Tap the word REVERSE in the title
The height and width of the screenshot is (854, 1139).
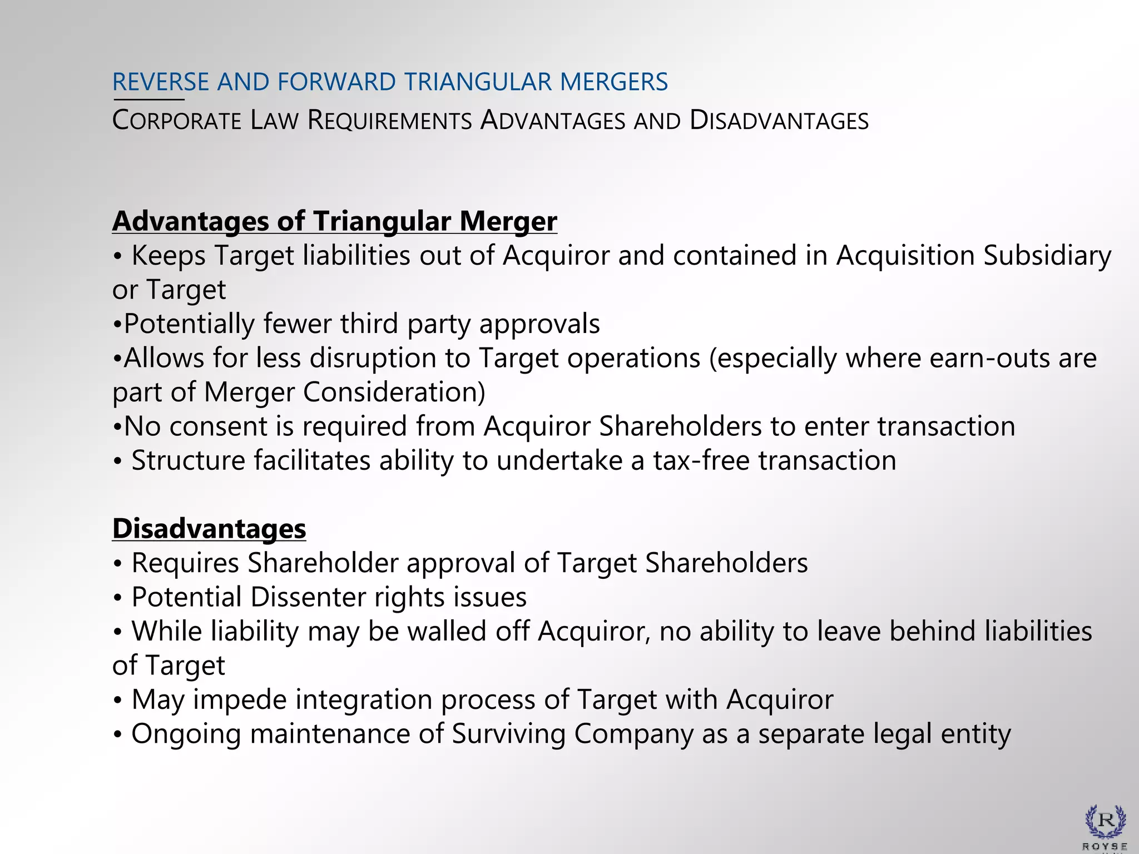[x=160, y=82]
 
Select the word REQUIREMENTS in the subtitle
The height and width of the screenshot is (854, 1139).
[x=389, y=121]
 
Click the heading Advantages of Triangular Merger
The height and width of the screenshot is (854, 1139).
[x=334, y=221]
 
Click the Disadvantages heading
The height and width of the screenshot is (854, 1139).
[x=209, y=528]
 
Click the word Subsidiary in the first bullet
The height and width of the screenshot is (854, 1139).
[x=1047, y=256]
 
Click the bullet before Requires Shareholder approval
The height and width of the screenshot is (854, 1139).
[x=117, y=564]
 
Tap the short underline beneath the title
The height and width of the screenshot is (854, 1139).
[x=148, y=100]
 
